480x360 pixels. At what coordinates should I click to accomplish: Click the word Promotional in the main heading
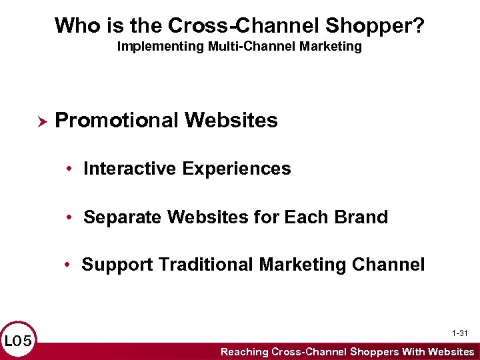[x=117, y=121]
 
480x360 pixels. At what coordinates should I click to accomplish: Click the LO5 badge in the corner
[x=18, y=341]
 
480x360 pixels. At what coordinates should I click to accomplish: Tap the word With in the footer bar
[x=413, y=351]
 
